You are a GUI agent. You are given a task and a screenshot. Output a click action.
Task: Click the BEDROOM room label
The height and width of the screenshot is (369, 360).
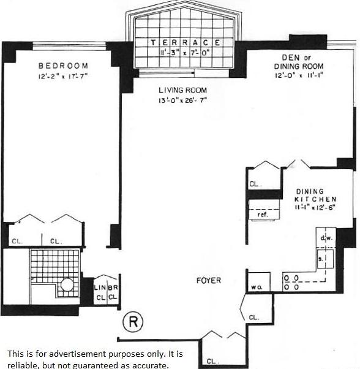click(63, 66)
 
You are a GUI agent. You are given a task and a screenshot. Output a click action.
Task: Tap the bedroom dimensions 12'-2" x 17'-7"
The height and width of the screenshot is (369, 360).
click(63, 77)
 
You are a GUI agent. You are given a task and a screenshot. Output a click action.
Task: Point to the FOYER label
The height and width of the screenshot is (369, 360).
click(209, 281)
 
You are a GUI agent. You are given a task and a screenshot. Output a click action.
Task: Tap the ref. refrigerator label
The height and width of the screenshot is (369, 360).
click(262, 215)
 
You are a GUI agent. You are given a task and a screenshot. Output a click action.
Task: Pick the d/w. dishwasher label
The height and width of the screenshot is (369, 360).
click(325, 237)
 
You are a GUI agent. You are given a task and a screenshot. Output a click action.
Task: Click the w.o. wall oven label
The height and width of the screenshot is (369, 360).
click(256, 287)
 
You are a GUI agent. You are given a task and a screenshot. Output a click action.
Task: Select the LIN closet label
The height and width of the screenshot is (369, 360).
click(100, 287)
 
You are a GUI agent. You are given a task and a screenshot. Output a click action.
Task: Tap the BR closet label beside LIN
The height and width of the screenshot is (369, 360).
click(112, 287)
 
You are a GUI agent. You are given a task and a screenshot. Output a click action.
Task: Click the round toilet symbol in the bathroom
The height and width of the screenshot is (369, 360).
click(66, 284)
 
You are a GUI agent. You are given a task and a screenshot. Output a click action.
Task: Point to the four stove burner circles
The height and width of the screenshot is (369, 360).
click(290, 282)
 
